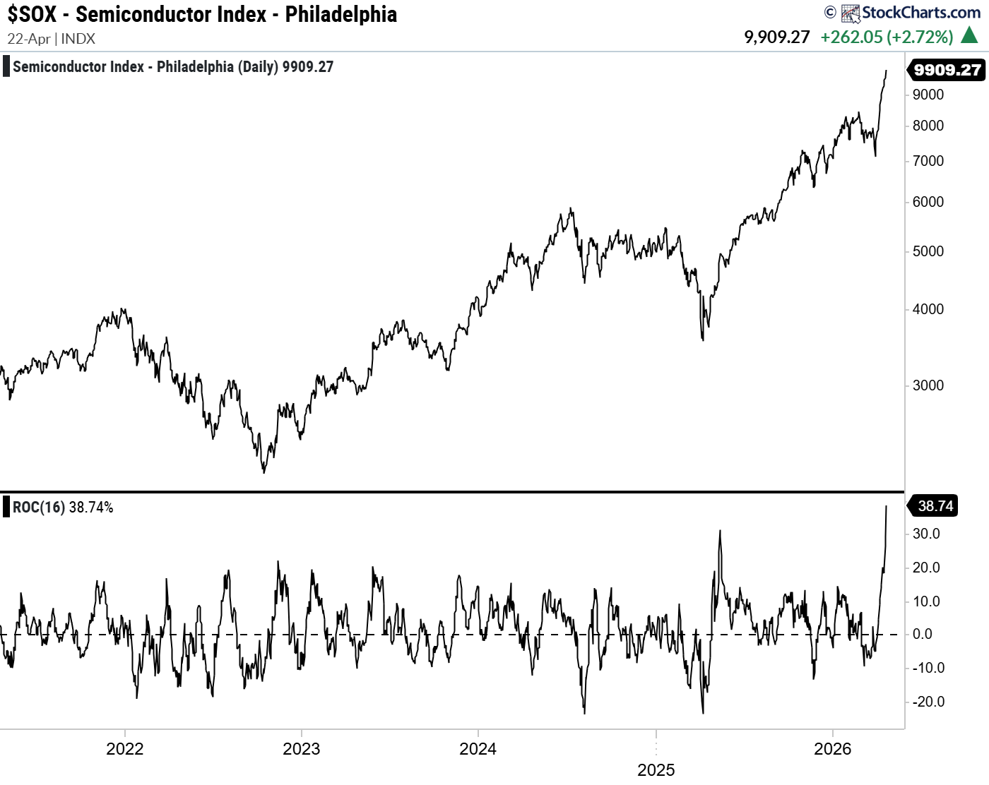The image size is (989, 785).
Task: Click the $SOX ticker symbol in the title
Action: point(32,14)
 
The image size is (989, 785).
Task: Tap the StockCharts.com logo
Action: point(911,13)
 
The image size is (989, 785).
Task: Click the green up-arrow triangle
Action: point(971,35)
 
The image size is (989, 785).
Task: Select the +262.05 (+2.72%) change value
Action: point(887,37)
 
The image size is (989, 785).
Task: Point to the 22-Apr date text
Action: point(28,39)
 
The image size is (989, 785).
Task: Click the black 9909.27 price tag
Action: point(947,70)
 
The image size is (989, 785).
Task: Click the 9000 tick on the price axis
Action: point(928,95)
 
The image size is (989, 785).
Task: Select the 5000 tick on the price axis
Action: point(928,251)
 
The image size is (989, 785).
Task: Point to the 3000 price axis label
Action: point(928,385)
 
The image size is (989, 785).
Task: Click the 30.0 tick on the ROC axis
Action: point(926,534)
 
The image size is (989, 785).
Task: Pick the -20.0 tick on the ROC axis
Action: point(928,702)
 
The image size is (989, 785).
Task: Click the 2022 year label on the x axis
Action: point(124,749)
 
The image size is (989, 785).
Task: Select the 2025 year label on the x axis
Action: point(656,770)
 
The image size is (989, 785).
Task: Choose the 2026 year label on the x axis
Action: point(833,749)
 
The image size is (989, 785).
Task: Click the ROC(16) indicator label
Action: point(39,508)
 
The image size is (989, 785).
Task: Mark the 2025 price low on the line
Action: point(703,340)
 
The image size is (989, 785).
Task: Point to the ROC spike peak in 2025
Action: point(720,531)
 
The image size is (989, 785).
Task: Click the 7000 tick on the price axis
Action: point(928,161)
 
